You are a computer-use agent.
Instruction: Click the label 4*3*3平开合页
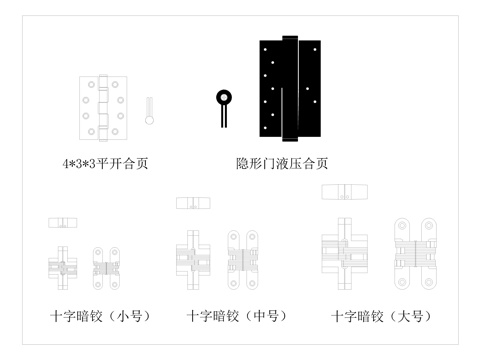click(x=110, y=162)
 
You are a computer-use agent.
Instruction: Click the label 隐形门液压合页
click(x=282, y=162)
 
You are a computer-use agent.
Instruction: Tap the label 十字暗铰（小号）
click(x=100, y=317)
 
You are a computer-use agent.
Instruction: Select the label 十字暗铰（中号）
click(x=236, y=317)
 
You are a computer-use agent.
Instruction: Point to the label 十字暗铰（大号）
click(x=381, y=317)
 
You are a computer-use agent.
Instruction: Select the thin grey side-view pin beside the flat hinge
click(x=149, y=110)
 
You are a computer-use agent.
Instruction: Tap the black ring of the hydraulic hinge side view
click(x=223, y=98)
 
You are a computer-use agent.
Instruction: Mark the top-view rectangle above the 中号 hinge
click(x=193, y=203)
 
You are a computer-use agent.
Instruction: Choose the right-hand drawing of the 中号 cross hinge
click(x=243, y=256)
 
